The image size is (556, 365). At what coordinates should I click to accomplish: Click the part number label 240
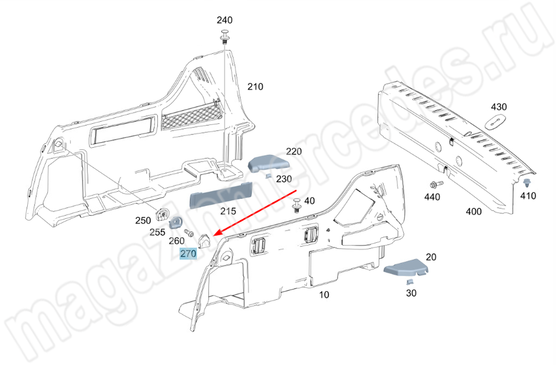point(225,21)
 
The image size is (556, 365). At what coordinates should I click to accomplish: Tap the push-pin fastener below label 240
point(225,36)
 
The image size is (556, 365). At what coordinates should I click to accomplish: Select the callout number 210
point(255,87)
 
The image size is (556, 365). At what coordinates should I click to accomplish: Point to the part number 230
point(284,179)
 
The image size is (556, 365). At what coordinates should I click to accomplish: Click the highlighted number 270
point(188,254)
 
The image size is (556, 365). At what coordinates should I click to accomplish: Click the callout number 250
point(143,221)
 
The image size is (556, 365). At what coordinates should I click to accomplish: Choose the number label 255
point(157,232)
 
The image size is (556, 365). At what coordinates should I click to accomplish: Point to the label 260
point(176,241)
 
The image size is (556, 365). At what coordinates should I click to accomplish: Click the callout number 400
point(474,212)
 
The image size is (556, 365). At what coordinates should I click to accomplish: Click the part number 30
point(411,293)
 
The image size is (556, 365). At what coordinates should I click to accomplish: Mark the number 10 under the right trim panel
point(324,294)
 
